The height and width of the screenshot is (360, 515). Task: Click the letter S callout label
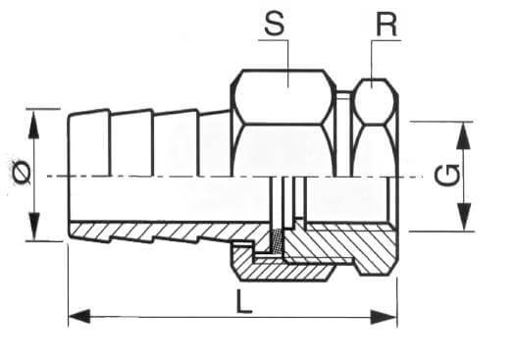coord(275,24)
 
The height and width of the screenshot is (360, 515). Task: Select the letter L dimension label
coord(243,302)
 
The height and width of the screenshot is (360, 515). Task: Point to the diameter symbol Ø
coord(22,172)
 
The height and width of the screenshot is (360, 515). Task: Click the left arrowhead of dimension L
coord(78,317)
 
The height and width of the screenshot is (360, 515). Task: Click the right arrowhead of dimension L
coord(384,317)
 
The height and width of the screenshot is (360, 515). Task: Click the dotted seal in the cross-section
coord(277,240)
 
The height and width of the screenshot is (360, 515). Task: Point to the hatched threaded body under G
coord(341,242)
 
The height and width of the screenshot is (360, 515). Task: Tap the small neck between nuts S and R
coord(344,95)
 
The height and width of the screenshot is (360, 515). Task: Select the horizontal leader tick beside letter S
coord(274,40)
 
